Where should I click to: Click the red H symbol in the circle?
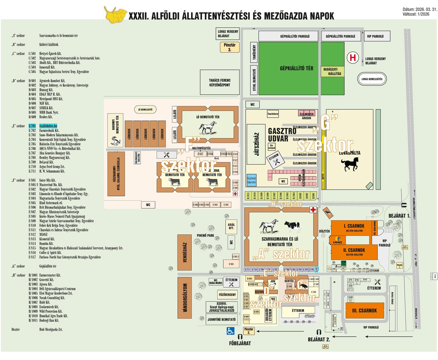tap(353, 58)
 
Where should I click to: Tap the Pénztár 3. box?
tap(230, 47)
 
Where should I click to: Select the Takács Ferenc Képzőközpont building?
tap(220, 82)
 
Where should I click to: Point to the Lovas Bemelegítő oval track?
tap(372, 79)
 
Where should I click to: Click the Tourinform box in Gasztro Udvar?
tap(273, 114)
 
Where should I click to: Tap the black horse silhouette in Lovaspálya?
tap(350, 164)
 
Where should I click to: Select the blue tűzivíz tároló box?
tap(252, 180)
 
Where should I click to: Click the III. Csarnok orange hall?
tap(364, 311)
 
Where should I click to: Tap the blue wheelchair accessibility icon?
tap(231, 331)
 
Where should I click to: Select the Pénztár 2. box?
tap(249, 331)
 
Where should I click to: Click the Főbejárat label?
tap(240, 343)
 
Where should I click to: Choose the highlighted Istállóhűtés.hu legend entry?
tap(48, 126)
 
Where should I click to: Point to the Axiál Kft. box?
tap(231, 226)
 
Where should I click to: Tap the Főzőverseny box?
tap(227, 295)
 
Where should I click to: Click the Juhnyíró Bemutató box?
tap(221, 320)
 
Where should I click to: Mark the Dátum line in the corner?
tap(420, 9)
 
